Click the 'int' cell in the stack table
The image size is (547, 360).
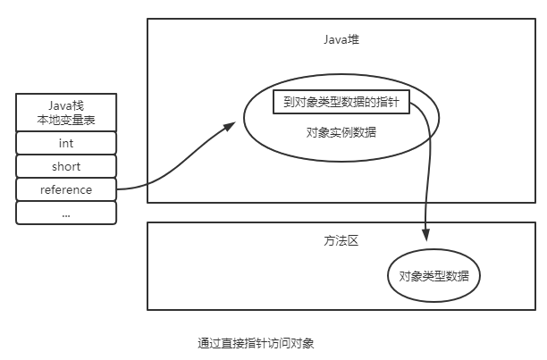pos(66,143)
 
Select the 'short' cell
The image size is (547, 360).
pos(66,166)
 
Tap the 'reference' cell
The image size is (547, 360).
pos(66,189)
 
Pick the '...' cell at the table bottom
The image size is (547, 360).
pos(66,213)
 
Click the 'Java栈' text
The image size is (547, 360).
pos(66,105)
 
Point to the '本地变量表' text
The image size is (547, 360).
pos(66,120)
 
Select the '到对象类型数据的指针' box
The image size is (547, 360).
pos(341,103)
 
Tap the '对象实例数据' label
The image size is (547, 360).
pos(341,132)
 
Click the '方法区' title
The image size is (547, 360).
pos(341,241)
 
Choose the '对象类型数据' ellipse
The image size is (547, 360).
pos(433,275)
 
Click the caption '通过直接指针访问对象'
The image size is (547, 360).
pos(257,342)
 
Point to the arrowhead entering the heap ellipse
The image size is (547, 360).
pos(230,127)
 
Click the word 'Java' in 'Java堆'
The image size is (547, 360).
pos(334,40)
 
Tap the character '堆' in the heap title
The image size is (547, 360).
pos(354,40)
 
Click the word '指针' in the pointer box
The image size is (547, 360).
pos(396,103)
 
